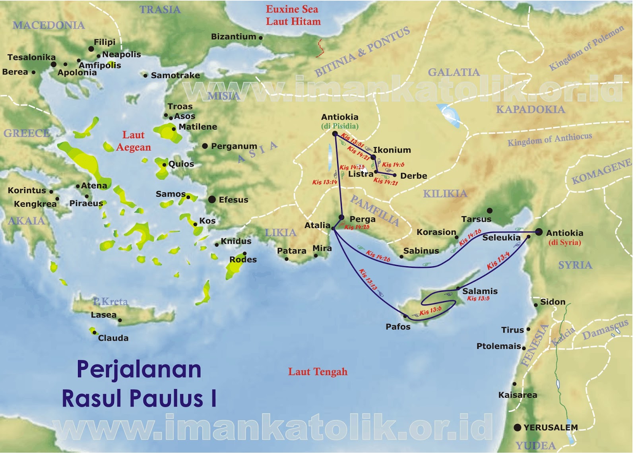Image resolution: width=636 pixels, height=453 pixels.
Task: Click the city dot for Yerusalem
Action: point(517,428)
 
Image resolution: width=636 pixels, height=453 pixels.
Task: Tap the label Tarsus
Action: point(476,219)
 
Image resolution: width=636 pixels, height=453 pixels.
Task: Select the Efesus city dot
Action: point(212,199)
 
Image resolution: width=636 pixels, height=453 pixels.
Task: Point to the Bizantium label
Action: point(233,37)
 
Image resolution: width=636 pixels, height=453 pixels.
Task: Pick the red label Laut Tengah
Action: point(318,372)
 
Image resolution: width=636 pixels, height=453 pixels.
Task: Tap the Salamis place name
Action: point(480,291)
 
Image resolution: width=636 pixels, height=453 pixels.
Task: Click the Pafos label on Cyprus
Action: point(398,327)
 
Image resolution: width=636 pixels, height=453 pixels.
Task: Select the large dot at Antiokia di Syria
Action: point(539,232)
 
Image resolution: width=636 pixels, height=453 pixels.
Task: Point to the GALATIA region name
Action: point(454,72)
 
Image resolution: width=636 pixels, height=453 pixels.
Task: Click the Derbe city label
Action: point(413,176)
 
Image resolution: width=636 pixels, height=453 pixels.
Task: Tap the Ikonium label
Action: point(392,150)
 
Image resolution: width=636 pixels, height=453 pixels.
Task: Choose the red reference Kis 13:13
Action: point(368,279)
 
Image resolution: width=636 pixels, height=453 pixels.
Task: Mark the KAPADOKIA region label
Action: point(530,109)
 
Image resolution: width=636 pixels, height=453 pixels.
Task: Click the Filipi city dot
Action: point(91,49)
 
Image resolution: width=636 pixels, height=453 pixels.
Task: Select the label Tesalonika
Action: point(31,57)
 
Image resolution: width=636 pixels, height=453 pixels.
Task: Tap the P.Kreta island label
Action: point(110,302)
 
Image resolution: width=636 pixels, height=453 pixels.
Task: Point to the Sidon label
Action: point(553,302)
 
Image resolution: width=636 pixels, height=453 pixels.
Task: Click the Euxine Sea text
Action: point(292,9)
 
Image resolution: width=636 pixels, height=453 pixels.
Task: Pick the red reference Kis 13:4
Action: point(498,261)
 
